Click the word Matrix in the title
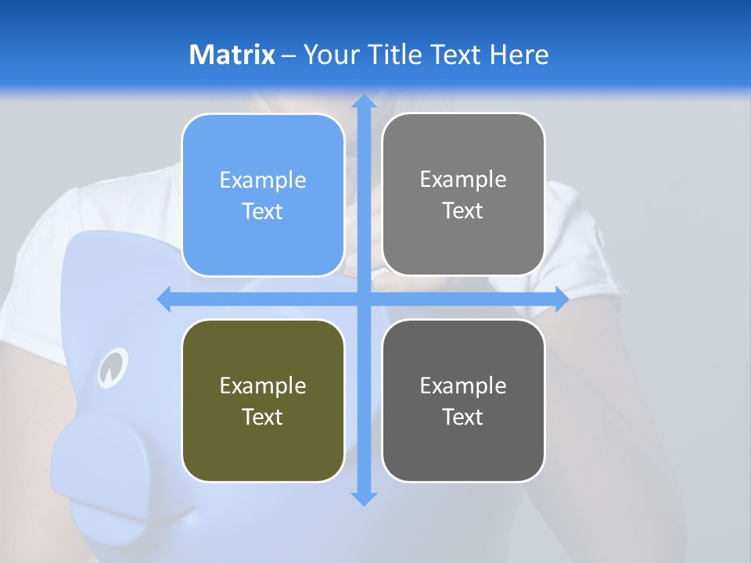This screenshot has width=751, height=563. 232,55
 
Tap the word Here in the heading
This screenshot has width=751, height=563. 519,55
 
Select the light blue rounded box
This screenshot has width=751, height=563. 263,195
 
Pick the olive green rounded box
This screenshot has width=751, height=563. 263,400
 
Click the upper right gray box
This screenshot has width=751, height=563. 463,194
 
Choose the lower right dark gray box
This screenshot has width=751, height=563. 463,400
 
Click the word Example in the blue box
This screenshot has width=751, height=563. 263,181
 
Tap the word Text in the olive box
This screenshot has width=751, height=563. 263,417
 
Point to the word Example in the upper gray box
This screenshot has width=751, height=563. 463,180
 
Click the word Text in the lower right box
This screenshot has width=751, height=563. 463,417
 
